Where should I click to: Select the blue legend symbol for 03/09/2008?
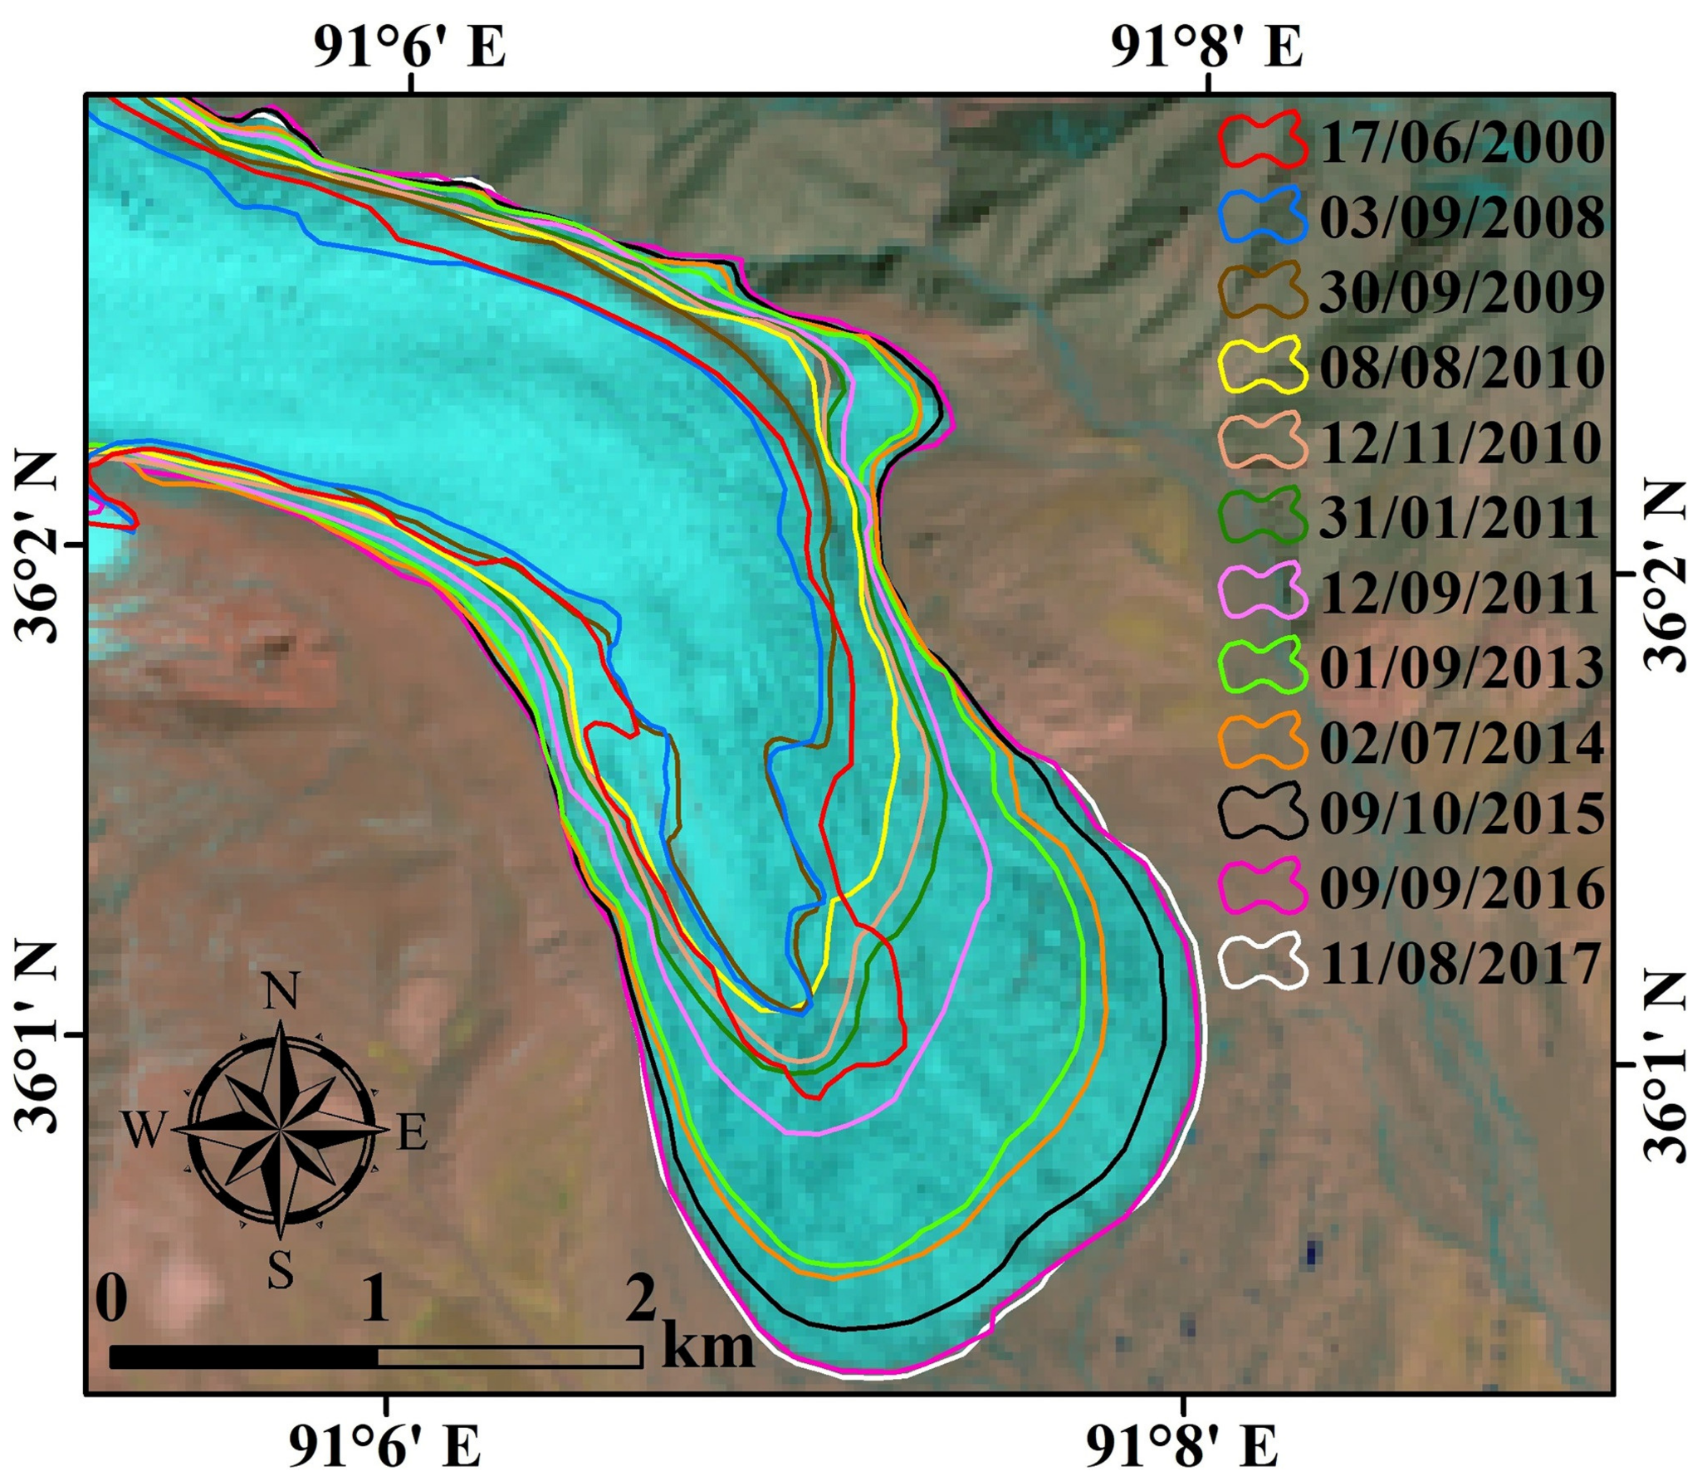coord(1262,215)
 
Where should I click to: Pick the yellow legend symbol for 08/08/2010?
coord(1262,365)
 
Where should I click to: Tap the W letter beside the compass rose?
coord(142,1132)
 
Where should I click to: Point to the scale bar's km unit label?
coord(708,1349)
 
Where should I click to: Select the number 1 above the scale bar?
coord(375,1301)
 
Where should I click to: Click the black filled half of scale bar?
coord(243,1356)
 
